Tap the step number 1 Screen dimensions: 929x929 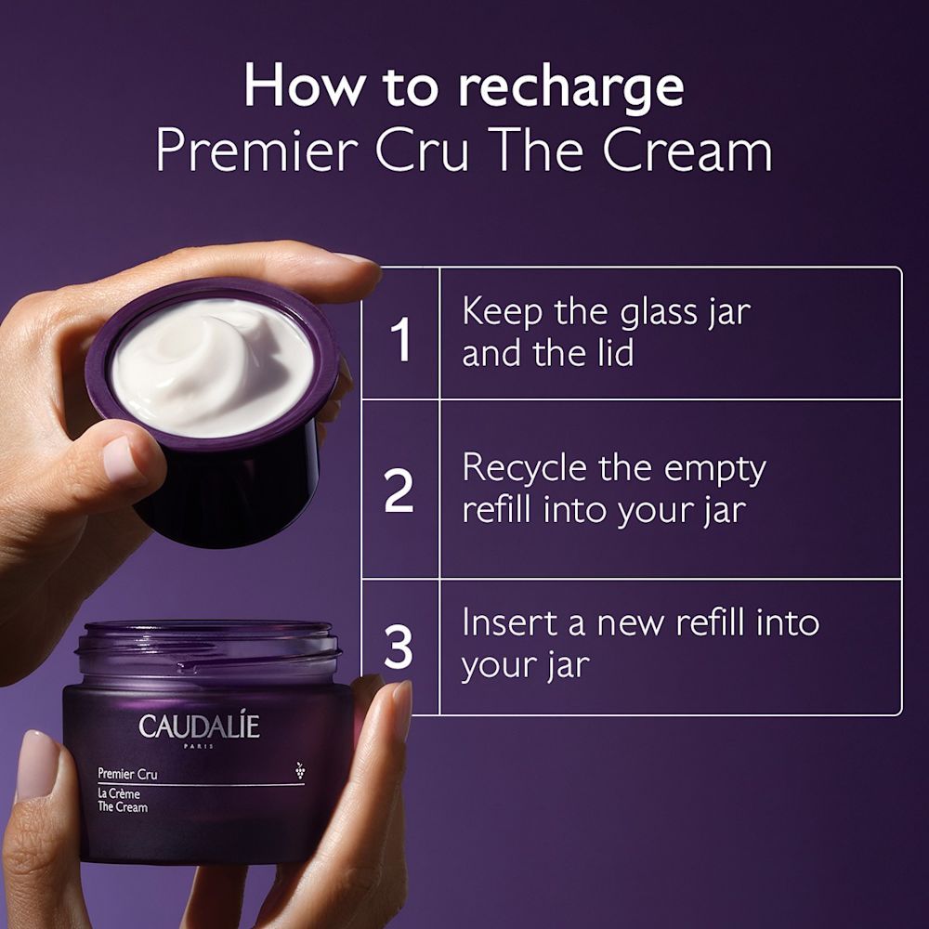coord(401,340)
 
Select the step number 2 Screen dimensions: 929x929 coord(399,492)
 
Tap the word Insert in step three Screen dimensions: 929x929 coord(509,622)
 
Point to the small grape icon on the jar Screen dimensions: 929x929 coord(299,770)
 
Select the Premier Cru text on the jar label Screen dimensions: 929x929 coord(127,773)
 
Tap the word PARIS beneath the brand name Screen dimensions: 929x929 coord(200,746)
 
